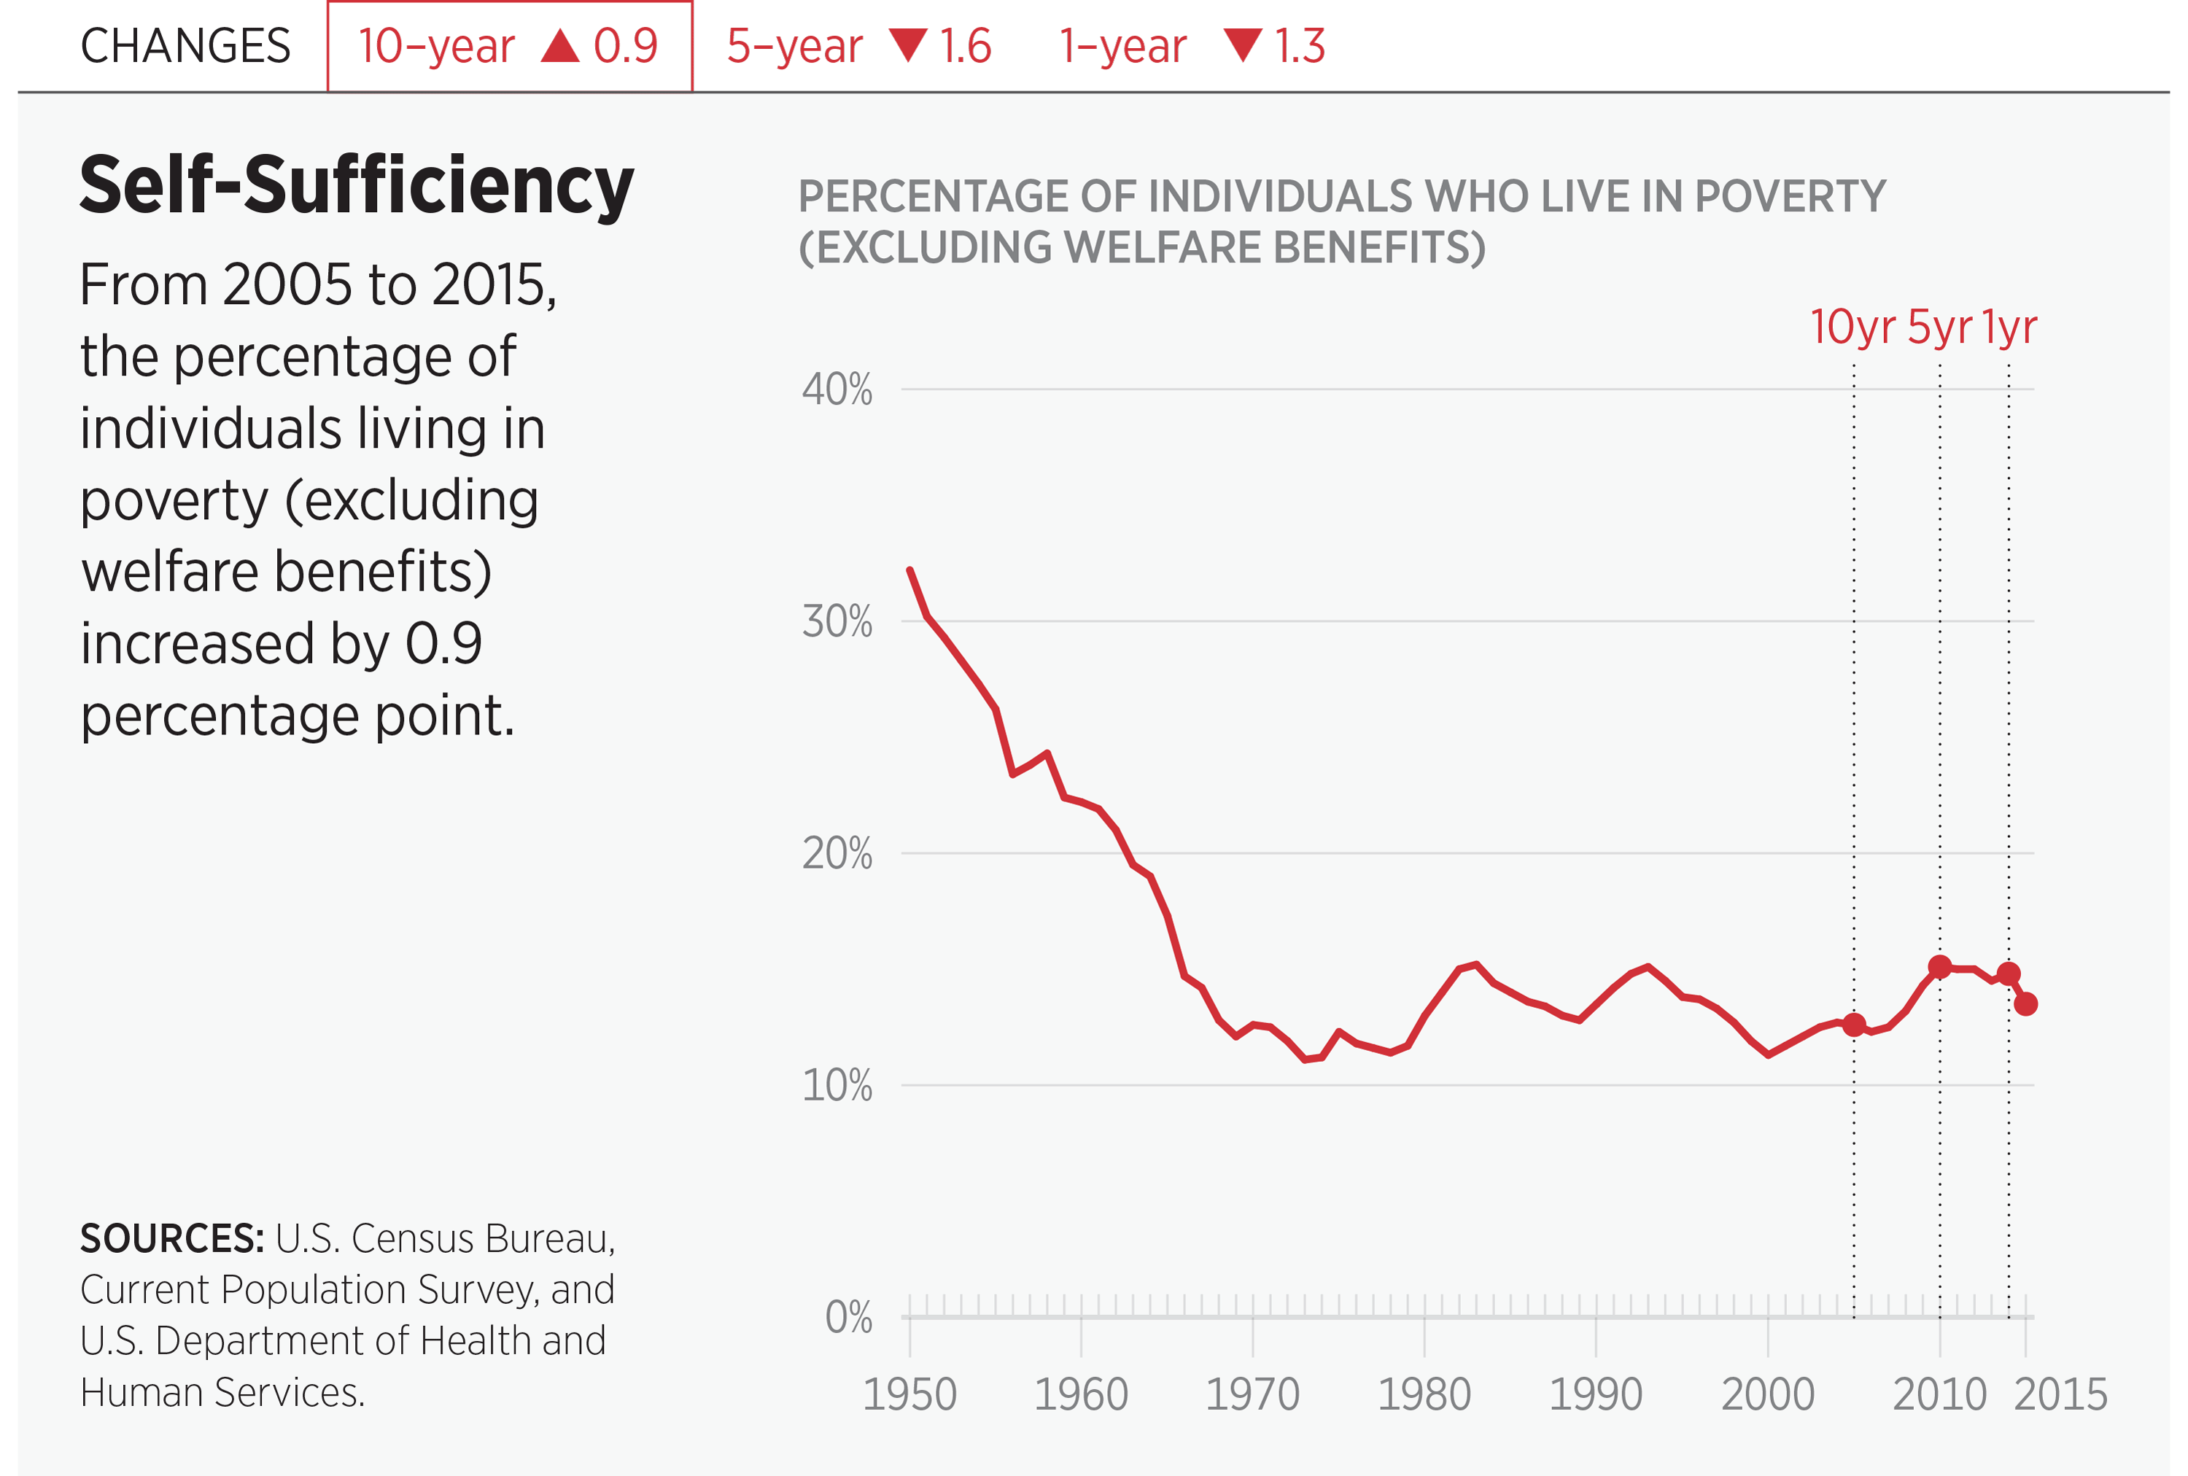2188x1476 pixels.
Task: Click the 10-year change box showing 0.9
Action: pos(509,46)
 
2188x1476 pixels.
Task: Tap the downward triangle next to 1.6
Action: pos(909,44)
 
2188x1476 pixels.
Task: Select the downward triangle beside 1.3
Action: pos(1243,44)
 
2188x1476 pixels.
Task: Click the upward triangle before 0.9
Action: pos(560,45)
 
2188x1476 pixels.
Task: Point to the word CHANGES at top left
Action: pos(185,46)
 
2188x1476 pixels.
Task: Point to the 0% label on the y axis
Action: pos(848,1318)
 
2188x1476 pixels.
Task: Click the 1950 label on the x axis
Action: pos(909,1394)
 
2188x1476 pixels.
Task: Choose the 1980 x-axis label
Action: pos(1424,1394)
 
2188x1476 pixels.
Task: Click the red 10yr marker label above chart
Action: pos(1852,327)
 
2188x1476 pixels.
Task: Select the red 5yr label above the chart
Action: pos(1939,327)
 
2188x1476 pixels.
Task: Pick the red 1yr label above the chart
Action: pos(2009,327)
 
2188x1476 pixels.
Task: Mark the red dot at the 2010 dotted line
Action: pos(1939,967)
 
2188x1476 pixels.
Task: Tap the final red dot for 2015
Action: pos(2026,1004)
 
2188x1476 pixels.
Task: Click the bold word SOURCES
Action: pos(172,1239)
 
